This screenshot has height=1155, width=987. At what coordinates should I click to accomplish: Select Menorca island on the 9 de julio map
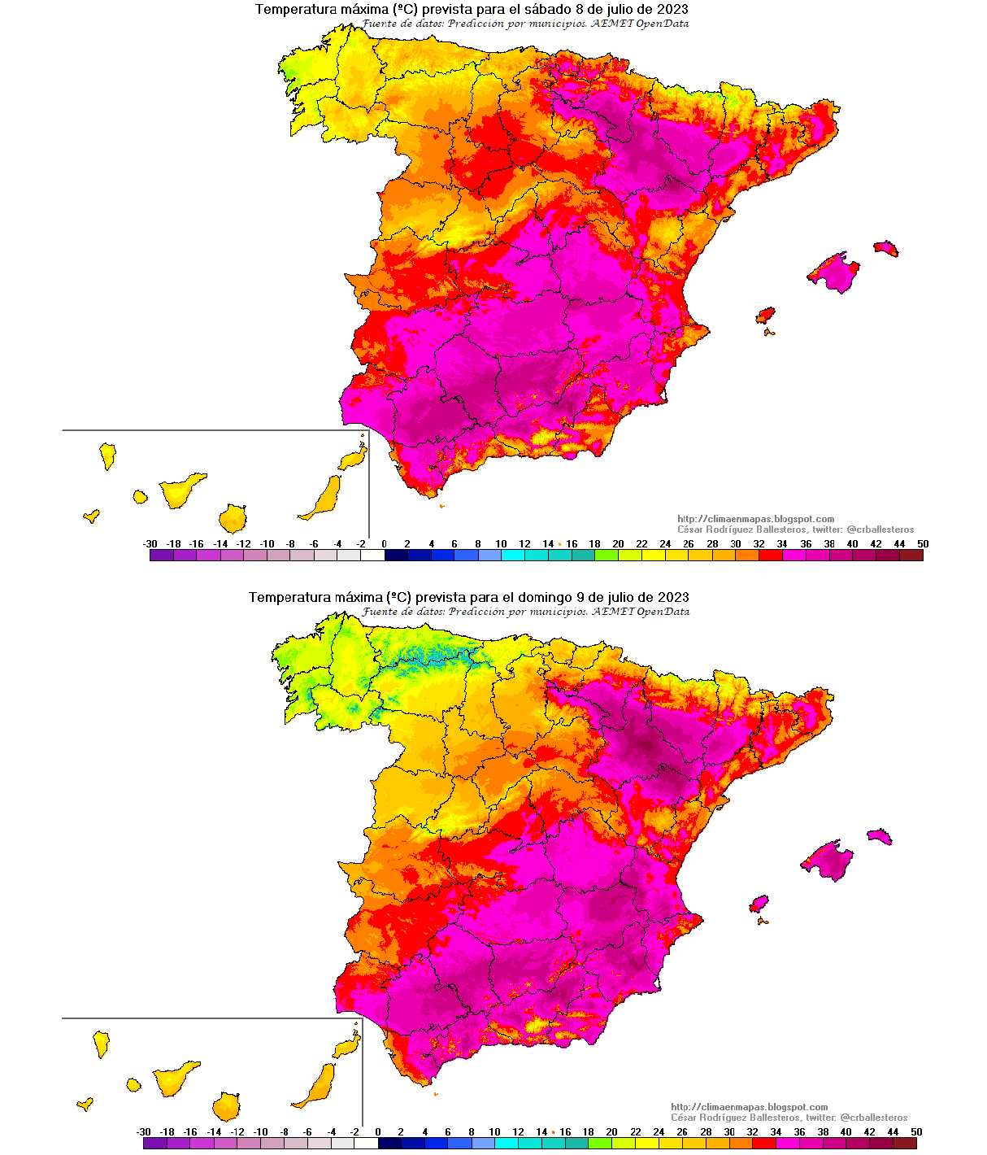pyautogui.click(x=880, y=836)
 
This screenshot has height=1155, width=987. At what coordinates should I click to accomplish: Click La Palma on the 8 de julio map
pyautogui.click(x=107, y=455)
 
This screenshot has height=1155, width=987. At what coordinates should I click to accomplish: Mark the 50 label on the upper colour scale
pyautogui.click(x=923, y=544)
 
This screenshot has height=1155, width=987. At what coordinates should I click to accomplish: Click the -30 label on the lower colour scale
pyautogui.click(x=144, y=1131)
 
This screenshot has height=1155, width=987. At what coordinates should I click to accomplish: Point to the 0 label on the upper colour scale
pyautogui.click(x=384, y=544)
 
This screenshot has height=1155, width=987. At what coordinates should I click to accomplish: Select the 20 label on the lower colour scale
pyautogui.click(x=611, y=1131)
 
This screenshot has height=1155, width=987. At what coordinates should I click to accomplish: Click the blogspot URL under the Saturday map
pyautogui.click(x=755, y=519)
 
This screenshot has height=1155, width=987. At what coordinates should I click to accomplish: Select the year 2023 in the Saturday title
pyautogui.click(x=672, y=10)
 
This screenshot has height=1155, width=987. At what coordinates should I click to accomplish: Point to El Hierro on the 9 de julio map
pyautogui.click(x=84, y=1104)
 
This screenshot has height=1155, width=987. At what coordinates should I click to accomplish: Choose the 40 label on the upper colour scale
pyautogui.click(x=852, y=544)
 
